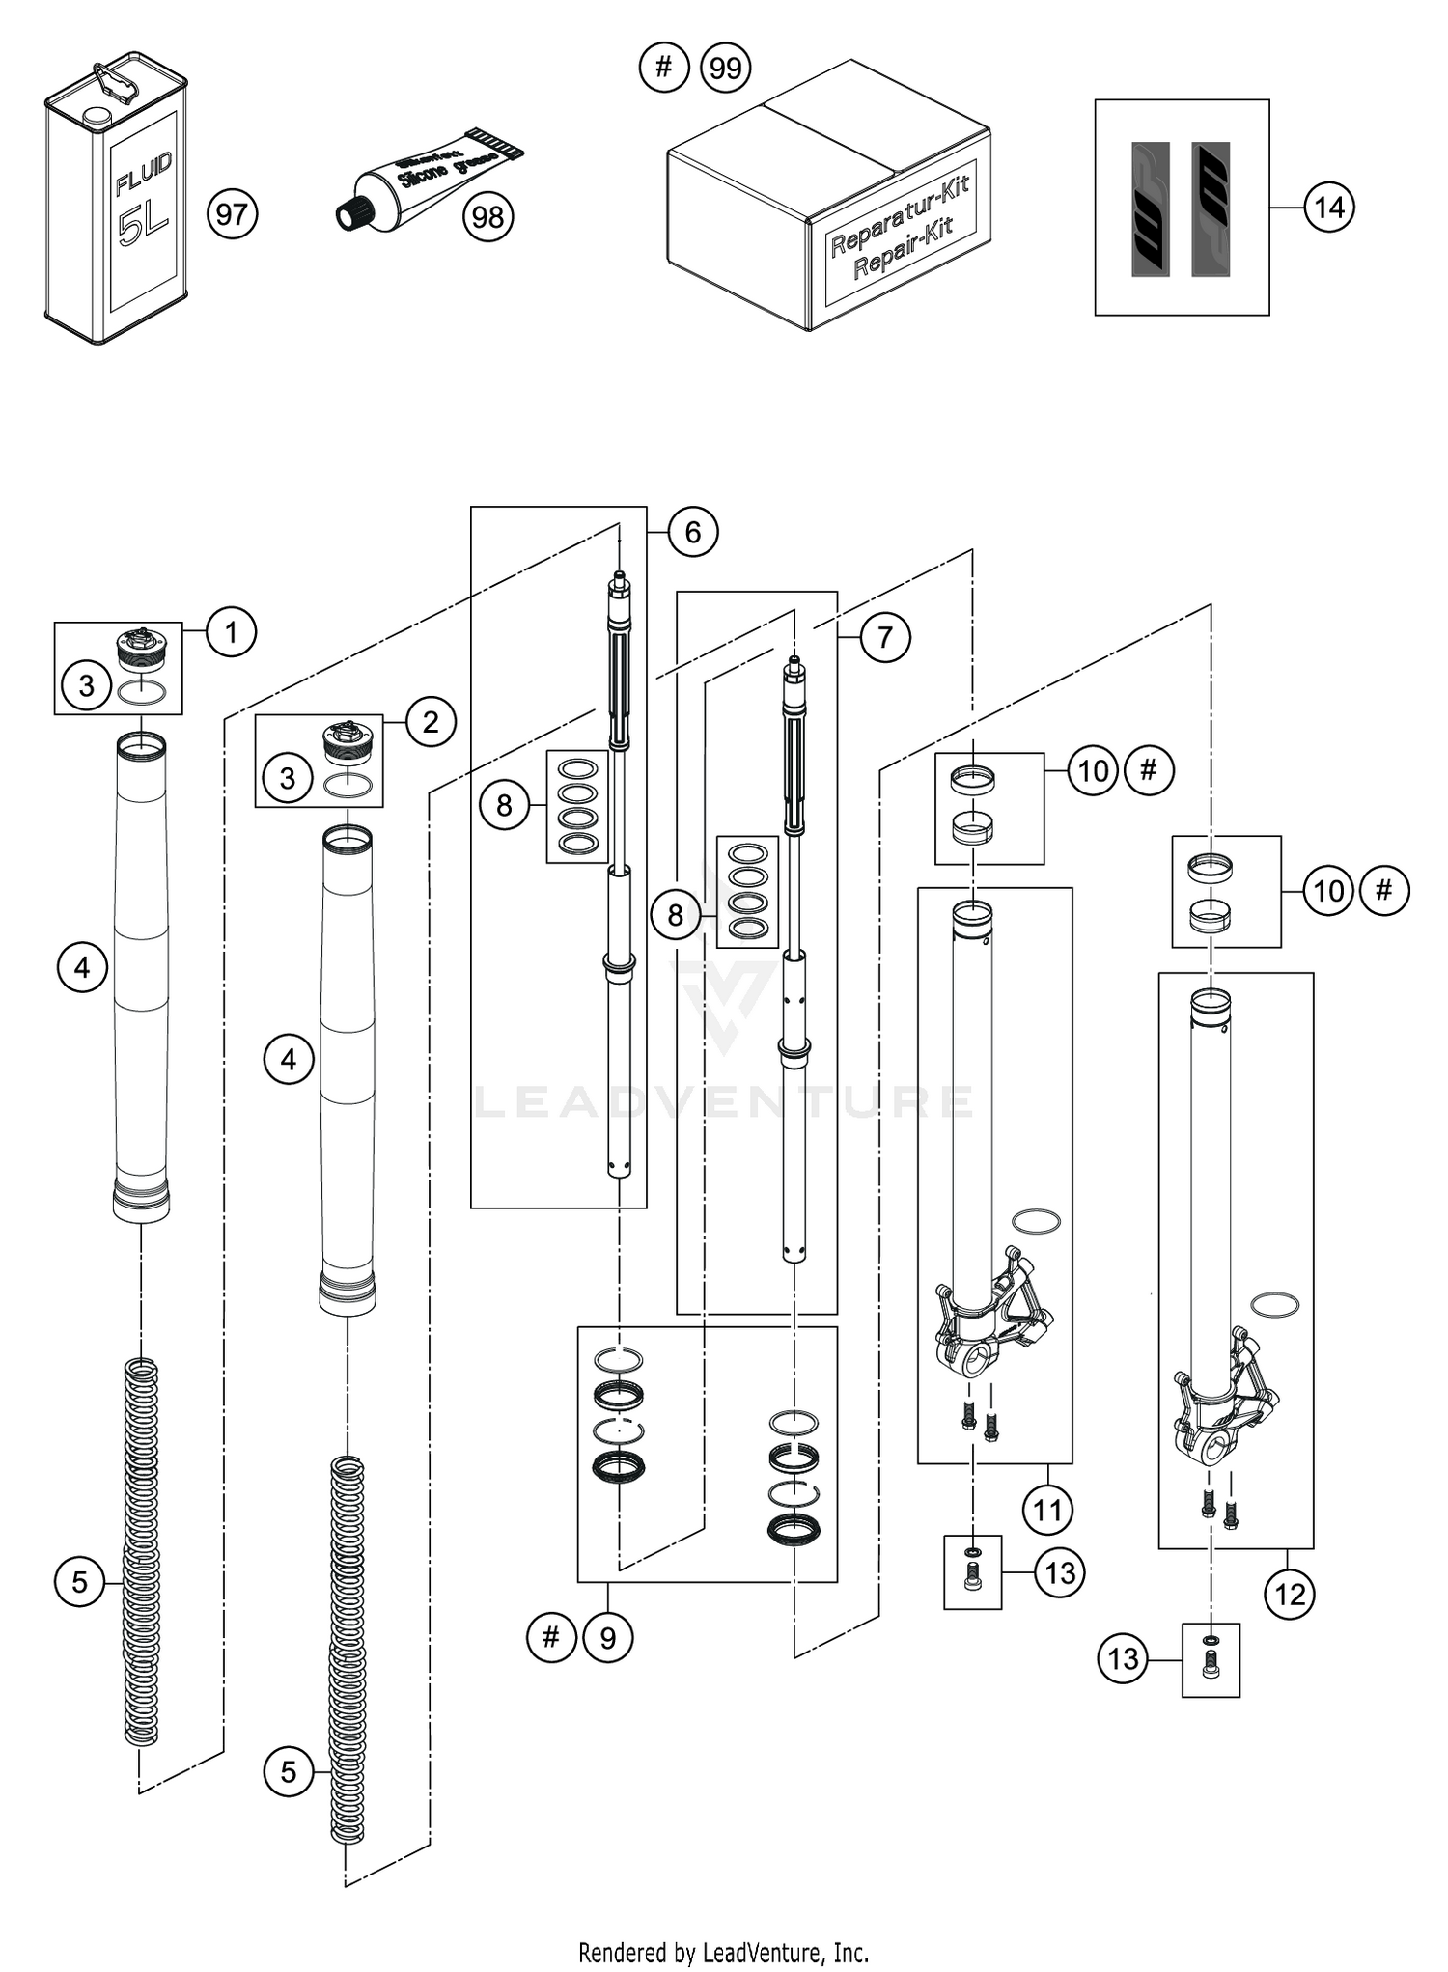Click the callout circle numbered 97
coord(232,213)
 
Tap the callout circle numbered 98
coord(487,216)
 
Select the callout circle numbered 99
coord(725,68)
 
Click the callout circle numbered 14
coord(1329,207)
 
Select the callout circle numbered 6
coord(692,531)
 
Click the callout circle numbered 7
coord(884,637)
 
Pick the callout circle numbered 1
coord(231,632)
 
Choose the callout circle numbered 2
coord(431,721)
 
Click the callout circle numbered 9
coord(607,1637)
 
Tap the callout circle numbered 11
coord(1047,1510)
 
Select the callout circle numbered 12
coord(1290,1595)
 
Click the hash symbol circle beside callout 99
coord(664,68)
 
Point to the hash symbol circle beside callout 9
coord(551,1637)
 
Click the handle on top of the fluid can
coord(114,80)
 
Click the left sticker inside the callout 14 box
coord(1150,209)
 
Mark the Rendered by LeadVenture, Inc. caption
coord(723,1953)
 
